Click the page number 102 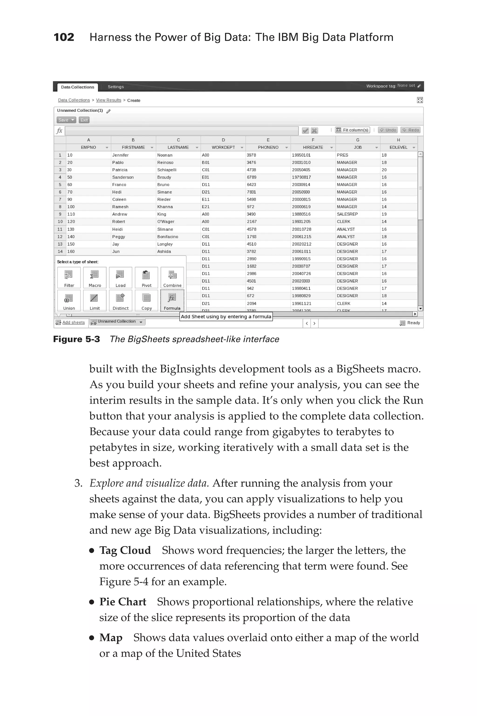click(64, 37)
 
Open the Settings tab click(116, 87)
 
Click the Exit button click(84, 120)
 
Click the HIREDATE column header click(313, 147)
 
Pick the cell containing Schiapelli click(167, 170)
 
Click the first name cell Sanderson click(123, 177)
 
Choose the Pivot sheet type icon click(146, 277)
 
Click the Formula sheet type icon click(172, 300)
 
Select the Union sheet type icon click(69, 300)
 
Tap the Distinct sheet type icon click(120, 300)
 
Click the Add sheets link click(73, 322)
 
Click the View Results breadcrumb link click(108, 100)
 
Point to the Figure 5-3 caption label click(76, 339)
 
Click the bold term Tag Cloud click(125, 550)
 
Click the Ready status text click(413, 323)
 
